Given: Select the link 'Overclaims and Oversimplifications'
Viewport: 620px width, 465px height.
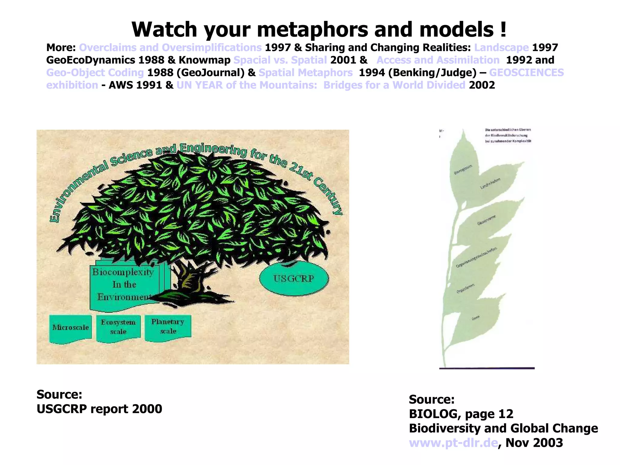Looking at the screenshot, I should click(x=170, y=48).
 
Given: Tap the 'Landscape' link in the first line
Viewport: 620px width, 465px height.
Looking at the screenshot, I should click(x=501, y=48).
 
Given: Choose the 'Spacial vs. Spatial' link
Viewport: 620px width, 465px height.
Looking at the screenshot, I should click(x=280, y=60).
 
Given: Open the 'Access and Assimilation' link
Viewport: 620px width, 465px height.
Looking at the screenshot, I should click(x=438, y=60).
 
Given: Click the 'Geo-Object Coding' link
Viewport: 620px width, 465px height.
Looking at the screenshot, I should click(x=95, y=73).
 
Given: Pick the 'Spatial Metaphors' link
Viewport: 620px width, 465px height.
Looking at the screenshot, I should click(x=305, y=73).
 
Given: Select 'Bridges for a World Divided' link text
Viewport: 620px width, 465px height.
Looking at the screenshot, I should click(x=394, y=85).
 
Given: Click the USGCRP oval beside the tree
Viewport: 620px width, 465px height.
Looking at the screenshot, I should click(x=294, y=279).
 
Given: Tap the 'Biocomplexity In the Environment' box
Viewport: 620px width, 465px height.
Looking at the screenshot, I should click(x=124, y=285).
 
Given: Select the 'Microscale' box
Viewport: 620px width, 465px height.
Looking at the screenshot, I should click(x=70, y=328).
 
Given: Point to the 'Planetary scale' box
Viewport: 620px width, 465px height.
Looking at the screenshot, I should click(x=168, y=326).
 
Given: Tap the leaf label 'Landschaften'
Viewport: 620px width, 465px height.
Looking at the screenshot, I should click(x=490, y=183).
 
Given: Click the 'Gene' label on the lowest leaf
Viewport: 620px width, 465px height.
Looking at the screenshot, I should click(x=476, y=318).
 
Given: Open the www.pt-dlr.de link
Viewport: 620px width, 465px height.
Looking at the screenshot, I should click(x=453, y=443).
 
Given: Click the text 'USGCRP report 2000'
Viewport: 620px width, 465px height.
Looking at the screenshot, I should click(x=99, y=409).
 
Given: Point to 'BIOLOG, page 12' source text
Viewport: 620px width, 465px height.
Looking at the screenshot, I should click(x=461, y=414).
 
